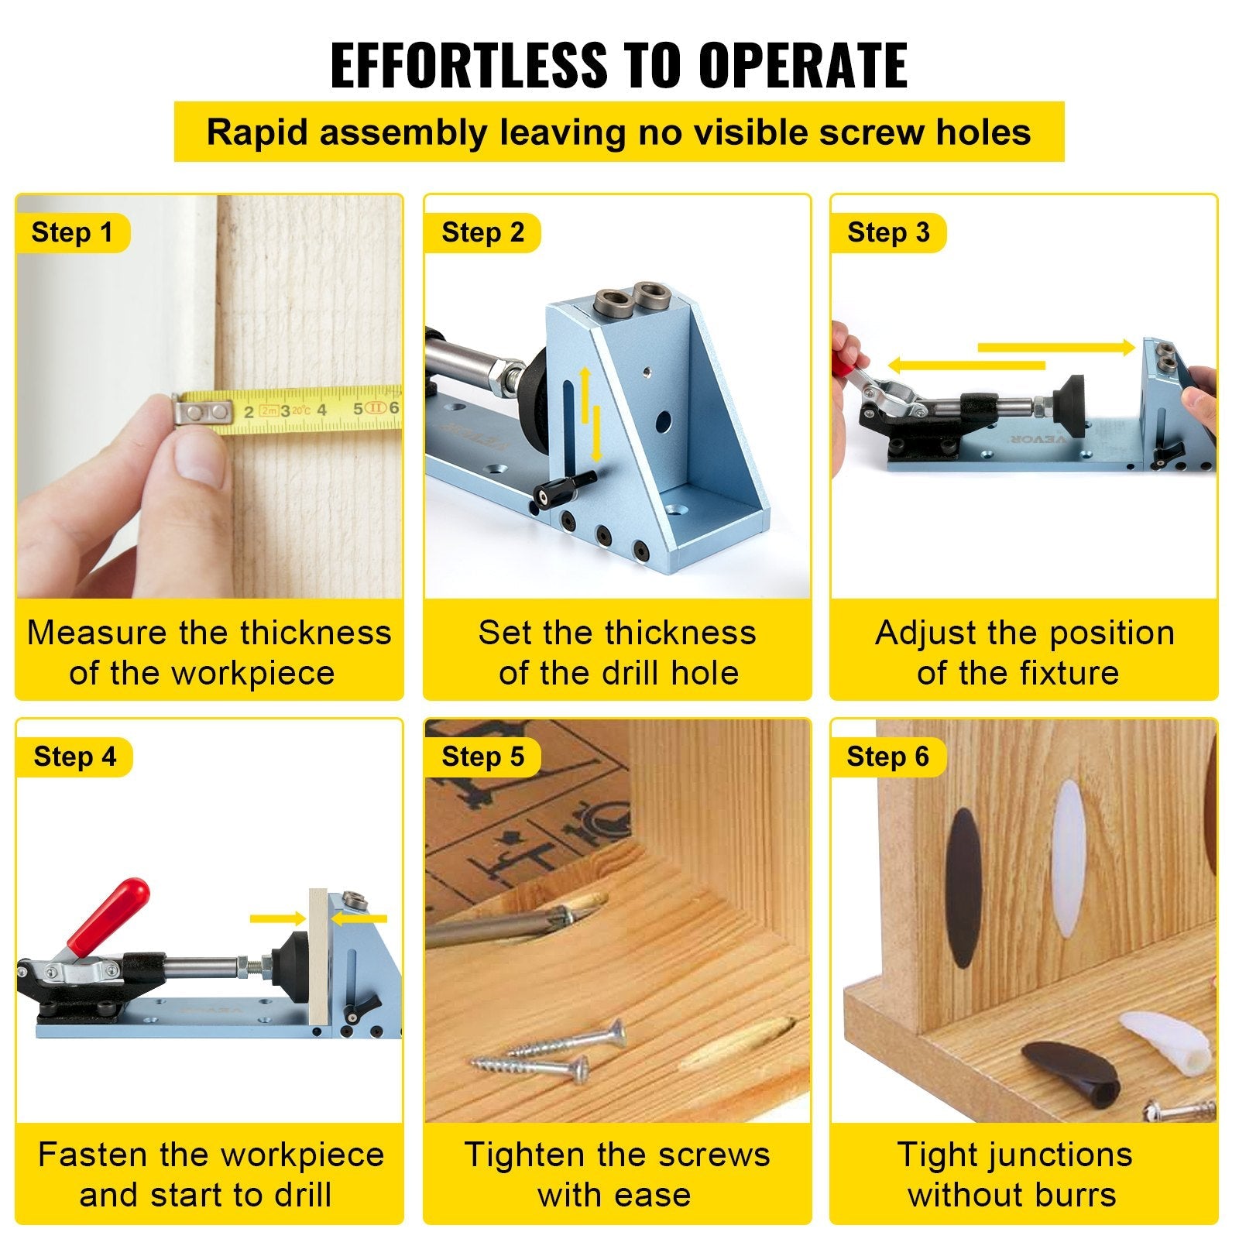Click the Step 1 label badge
[72, 233]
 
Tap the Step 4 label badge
[74, 757]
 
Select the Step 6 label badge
[887, 757]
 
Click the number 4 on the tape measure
[321, 410]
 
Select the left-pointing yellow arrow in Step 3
[964, 366]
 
